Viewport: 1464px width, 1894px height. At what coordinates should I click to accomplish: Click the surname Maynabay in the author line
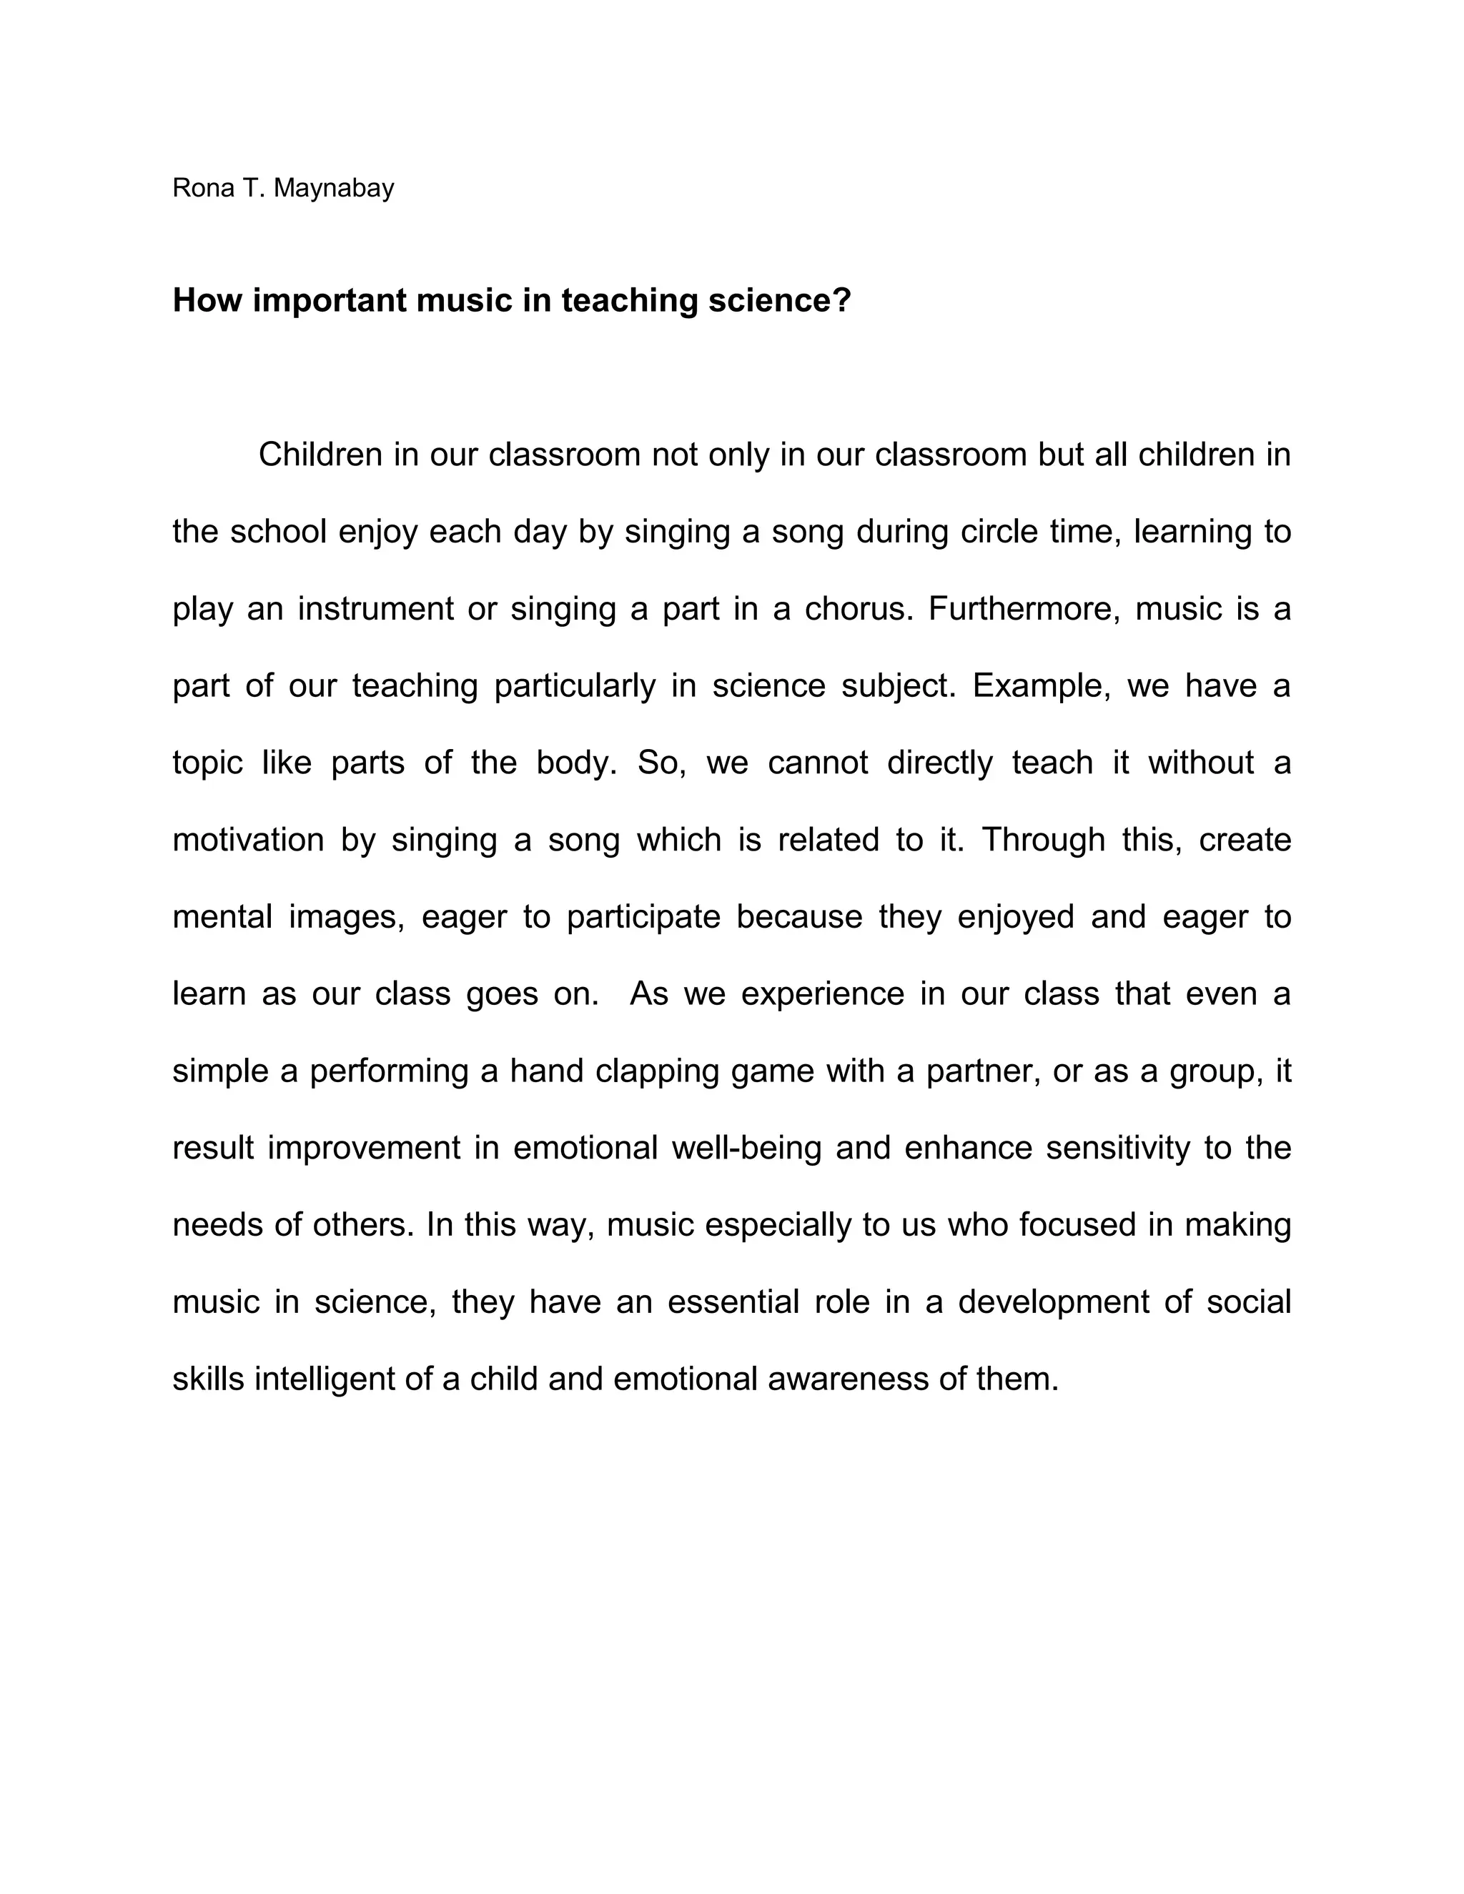click(x=334, y=188)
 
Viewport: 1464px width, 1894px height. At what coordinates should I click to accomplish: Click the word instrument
click(x=375, y=609)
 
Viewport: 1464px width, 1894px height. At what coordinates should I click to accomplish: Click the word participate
click(x=643, y=917)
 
